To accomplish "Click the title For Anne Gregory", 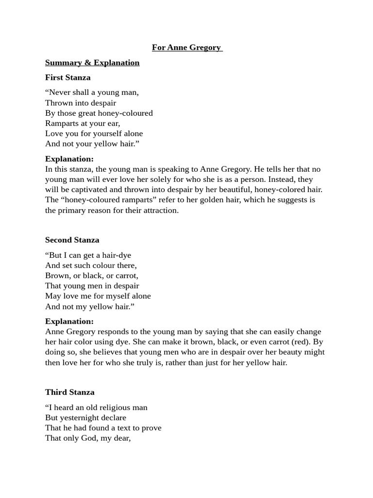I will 186,48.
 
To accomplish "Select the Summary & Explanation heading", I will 92,62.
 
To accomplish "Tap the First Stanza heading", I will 68,77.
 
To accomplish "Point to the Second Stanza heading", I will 72,240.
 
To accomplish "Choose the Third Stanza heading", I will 69,392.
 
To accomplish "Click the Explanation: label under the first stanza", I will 69,159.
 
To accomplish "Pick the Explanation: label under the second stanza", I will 69,321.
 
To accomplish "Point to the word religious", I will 100,407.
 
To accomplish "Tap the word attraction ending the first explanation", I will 160,210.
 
